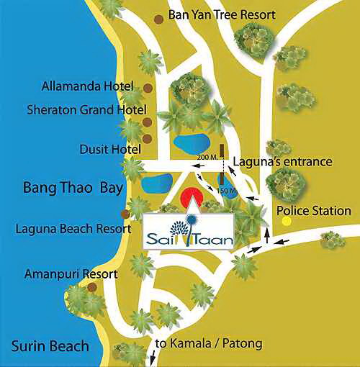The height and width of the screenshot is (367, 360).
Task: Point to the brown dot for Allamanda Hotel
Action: click(x=148, y=89)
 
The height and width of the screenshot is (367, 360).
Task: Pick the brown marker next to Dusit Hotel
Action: click(x=148, y=138)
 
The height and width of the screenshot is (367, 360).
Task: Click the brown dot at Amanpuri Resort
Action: click(x=91, y=287)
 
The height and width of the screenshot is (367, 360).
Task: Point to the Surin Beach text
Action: click(x=50, y=346)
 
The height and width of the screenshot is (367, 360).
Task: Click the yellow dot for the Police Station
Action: click(x=287, y=222)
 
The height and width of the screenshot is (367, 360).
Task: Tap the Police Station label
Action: click(x=314, y=211)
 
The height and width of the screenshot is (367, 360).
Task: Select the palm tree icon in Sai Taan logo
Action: click(x=192, y=231)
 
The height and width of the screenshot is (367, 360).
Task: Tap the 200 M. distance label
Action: click(x=207, y=156)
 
